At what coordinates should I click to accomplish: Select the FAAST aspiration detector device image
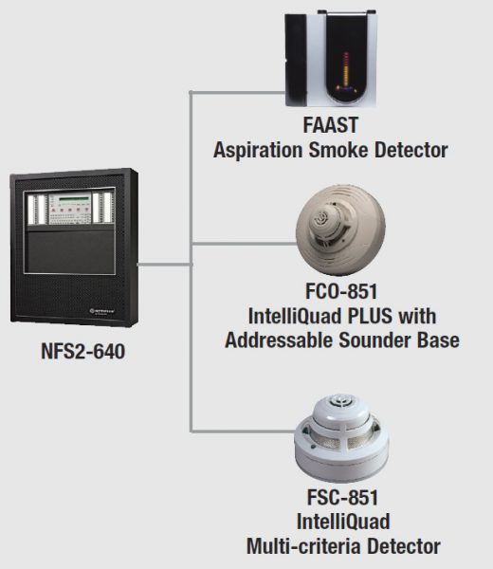click(328, 60)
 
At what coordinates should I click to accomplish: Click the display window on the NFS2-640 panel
click(66, 196)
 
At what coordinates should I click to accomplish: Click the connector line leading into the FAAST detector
click(237, 91)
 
